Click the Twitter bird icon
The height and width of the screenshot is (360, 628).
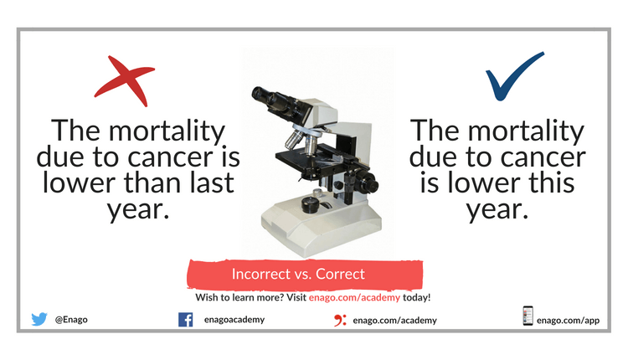(x=39, y=319)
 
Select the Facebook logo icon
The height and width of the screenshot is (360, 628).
(x=185, y=320)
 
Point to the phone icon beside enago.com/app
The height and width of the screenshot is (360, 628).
(x=528, y=316)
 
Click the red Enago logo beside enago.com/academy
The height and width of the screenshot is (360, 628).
(x=340, y=320)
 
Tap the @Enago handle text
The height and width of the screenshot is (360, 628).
(x=71, y=320)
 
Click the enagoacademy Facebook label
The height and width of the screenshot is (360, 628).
(x=234, y=320)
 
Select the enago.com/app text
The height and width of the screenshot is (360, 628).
(x=568, y=321)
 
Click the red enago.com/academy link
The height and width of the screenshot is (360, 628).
(x=354, y=297)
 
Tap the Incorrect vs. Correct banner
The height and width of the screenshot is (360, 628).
(x=305, y=275)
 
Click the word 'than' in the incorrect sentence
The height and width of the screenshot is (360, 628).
(x=152, y=183)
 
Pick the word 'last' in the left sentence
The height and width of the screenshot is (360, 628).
(x=212, y=183)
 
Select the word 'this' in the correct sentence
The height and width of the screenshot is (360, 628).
(x=552, y=183)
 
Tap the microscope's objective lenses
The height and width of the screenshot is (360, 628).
(x=301, y=142)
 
